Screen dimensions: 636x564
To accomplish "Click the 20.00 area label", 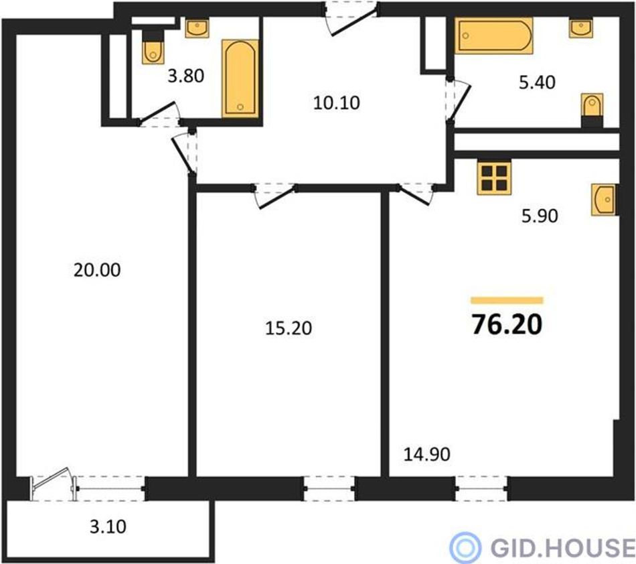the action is [97, 270].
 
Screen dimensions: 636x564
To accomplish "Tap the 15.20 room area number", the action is [289, 328].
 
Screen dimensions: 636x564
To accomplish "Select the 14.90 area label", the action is [426, 454].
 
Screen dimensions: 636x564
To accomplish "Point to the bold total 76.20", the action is [507, 325].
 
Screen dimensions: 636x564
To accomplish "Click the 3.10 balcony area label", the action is [108, 526].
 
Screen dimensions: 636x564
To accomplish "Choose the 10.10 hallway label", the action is [337, 103].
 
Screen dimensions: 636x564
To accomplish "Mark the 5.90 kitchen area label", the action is [540, 216].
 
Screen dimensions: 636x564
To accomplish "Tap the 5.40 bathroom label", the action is [537, 82].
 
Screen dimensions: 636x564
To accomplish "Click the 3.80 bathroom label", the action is [185, 76].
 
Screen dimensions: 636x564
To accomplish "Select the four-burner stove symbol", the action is [494, 178].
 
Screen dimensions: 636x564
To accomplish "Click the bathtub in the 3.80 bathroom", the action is [240, 79].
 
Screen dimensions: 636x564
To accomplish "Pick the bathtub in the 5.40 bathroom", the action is [493, 36].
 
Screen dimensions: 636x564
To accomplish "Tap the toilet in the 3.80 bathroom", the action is [153, 48].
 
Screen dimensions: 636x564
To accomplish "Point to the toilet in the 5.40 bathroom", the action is [592, 110].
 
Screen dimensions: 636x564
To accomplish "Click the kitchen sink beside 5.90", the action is [604, 200].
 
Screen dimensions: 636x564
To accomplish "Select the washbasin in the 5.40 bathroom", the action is [580, 27].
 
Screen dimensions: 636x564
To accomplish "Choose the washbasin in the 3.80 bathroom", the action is [197, 27].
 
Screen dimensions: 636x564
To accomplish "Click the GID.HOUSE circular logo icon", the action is [465, 547].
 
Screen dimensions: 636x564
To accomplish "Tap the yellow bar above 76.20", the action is [507, 300].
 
